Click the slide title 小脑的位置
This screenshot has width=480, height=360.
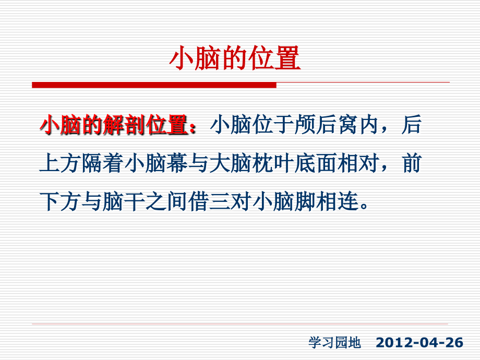point(235,59)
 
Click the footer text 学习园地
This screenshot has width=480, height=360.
point(334,343)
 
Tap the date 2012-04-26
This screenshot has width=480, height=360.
point(419,343)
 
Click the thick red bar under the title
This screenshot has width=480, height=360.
point(154,85)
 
